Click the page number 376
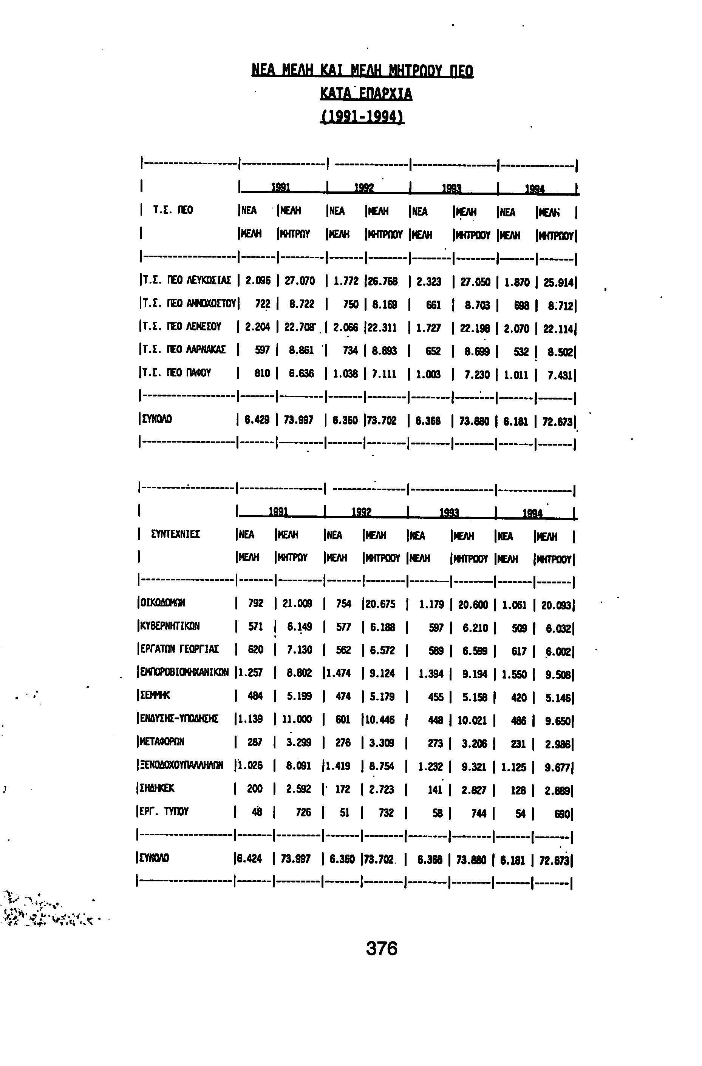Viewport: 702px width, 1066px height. pyautogui.click(x=382, y=948)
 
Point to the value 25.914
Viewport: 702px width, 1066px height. pyautogui.click(x=558, y=283)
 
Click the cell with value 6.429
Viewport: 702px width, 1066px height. pyautogui.click(x=257, y=420)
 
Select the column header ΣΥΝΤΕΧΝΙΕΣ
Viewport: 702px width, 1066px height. pyautogui.click(x=176, y=534)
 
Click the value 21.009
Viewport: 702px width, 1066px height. pyautogui.click(x=297, y=603)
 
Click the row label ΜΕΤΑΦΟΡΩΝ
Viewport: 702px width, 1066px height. pyautogui.click(x=162, y=742)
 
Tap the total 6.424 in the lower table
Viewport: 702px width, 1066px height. pyautogui.click(x=249, y=859)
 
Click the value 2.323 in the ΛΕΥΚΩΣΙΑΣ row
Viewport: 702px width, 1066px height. pyautogui.click(x=428, y=281)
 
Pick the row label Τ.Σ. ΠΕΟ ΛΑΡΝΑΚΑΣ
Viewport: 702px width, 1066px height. pyautogui.click(x=183, y=350)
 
